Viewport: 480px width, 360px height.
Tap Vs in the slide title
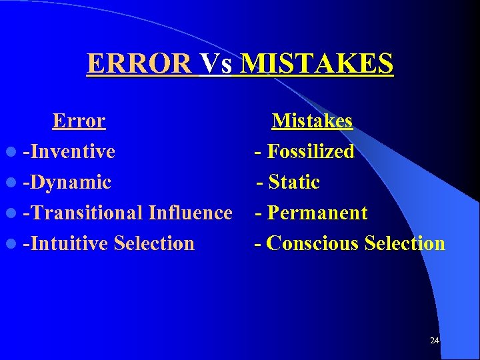tap(216, 64)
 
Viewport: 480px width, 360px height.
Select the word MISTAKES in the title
tap(317, 64)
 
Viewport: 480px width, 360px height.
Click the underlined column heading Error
tap(79, 121)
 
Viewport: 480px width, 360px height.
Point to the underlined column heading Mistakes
tap(312, 121)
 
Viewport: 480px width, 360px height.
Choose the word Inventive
tap(71, 151)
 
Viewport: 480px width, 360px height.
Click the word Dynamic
tap(69, 182)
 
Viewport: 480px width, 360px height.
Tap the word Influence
tap(191, 213)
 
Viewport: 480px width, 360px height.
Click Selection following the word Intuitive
tap(154, 243)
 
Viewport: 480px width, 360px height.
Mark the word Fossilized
tap(311, 151)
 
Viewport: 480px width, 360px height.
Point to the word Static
tap(294, 182)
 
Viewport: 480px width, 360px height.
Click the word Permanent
tap(317, 213)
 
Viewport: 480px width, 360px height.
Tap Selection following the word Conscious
tap(405, 243)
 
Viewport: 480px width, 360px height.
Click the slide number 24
tap(435, 341)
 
